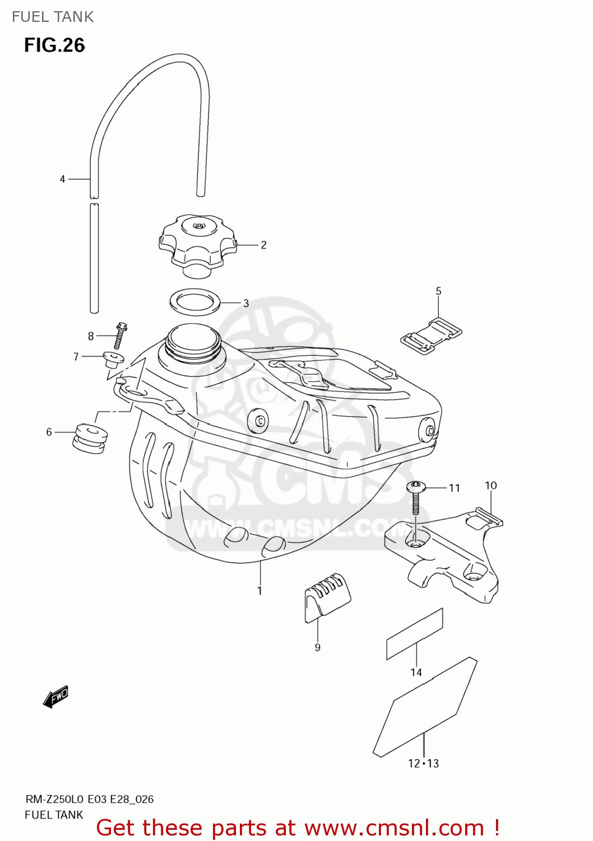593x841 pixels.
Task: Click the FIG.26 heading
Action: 54,45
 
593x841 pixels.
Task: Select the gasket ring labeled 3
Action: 195,303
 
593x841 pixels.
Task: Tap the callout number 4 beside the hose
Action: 63,179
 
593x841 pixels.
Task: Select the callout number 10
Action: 490,486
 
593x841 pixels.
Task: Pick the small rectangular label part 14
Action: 414,634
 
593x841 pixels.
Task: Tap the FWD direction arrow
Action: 55,697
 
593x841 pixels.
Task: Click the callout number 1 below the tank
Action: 260,590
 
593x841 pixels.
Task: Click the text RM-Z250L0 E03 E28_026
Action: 89,800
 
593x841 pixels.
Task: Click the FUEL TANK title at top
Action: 53,17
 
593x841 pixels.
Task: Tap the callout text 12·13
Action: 423,763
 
